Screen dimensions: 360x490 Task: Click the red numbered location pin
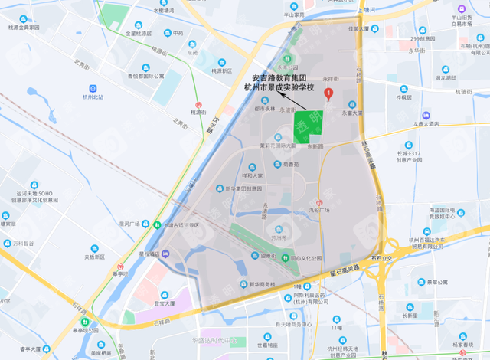point(328,94)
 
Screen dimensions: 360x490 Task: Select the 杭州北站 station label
point(93,97)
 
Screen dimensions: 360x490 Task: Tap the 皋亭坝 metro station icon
point(86,322)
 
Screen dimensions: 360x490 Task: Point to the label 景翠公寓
point(436,282)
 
